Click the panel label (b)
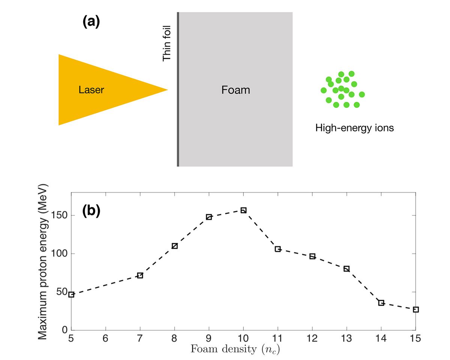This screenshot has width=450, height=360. [x=91, y=211]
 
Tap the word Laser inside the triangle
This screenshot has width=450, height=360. [x=91, y=90]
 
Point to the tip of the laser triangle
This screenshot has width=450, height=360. [x=167, y=90]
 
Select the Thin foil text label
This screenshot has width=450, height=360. [x=166, y=43]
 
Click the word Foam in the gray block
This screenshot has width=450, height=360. [x=235, y=90]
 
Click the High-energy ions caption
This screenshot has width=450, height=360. [x=354, y=128]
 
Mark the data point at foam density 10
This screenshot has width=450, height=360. [x=243, y=210]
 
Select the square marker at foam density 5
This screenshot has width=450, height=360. [x=71, y=294]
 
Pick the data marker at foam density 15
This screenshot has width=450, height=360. [x=415, y=309]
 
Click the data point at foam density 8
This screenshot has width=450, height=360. [x=174, y=246]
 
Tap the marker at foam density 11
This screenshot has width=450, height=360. [x=278, y=249]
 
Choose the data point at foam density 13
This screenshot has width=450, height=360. [x=346, y=269]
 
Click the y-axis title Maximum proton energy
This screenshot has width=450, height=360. [x=44, y=261]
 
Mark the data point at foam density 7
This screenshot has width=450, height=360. [x=140, y=275]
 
